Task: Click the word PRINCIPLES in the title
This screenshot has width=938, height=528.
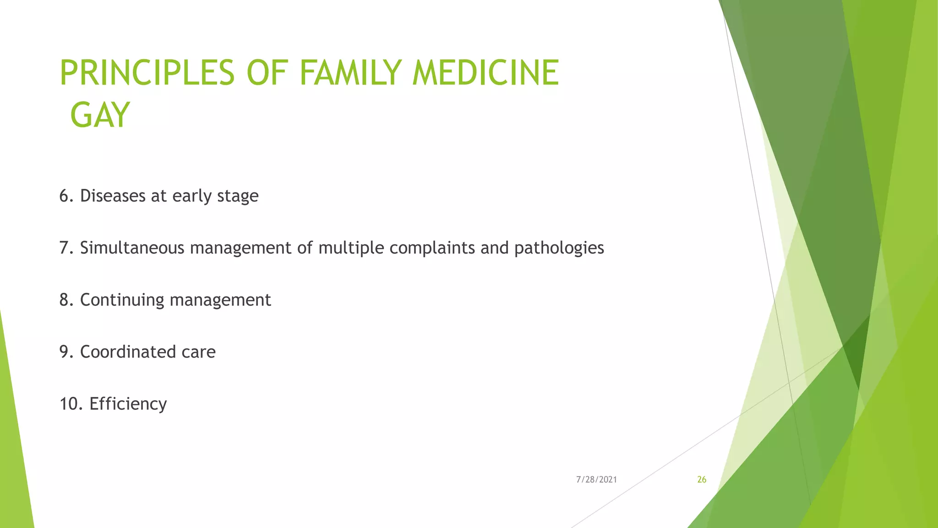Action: pos(147,73)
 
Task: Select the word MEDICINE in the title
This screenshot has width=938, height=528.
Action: pos(485,73)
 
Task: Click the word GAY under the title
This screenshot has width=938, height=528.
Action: pos(100,115)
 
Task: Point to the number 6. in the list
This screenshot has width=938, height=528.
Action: pos(66,196)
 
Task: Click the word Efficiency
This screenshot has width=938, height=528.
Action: pos(128,404)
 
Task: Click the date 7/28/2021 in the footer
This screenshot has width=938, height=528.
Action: pos(596,480)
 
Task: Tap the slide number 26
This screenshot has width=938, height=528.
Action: pos(702,480)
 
